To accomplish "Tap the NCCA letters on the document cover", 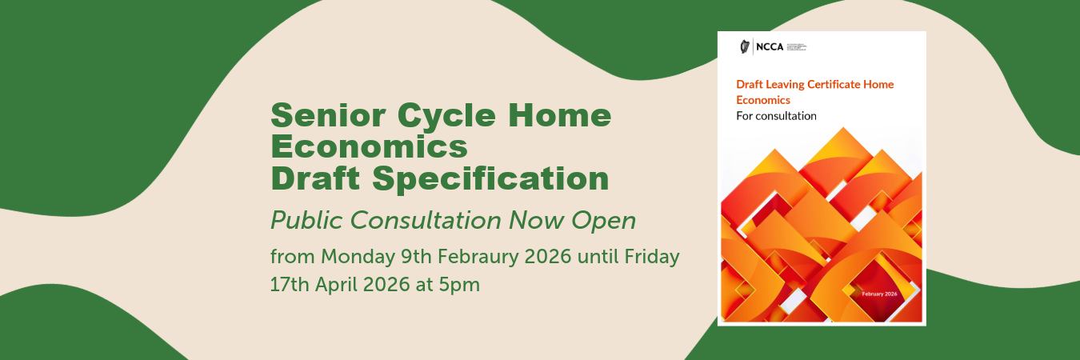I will tap(769, 46).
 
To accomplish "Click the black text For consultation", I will tap(776, 116).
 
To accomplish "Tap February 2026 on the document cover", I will tap(879, 294).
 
